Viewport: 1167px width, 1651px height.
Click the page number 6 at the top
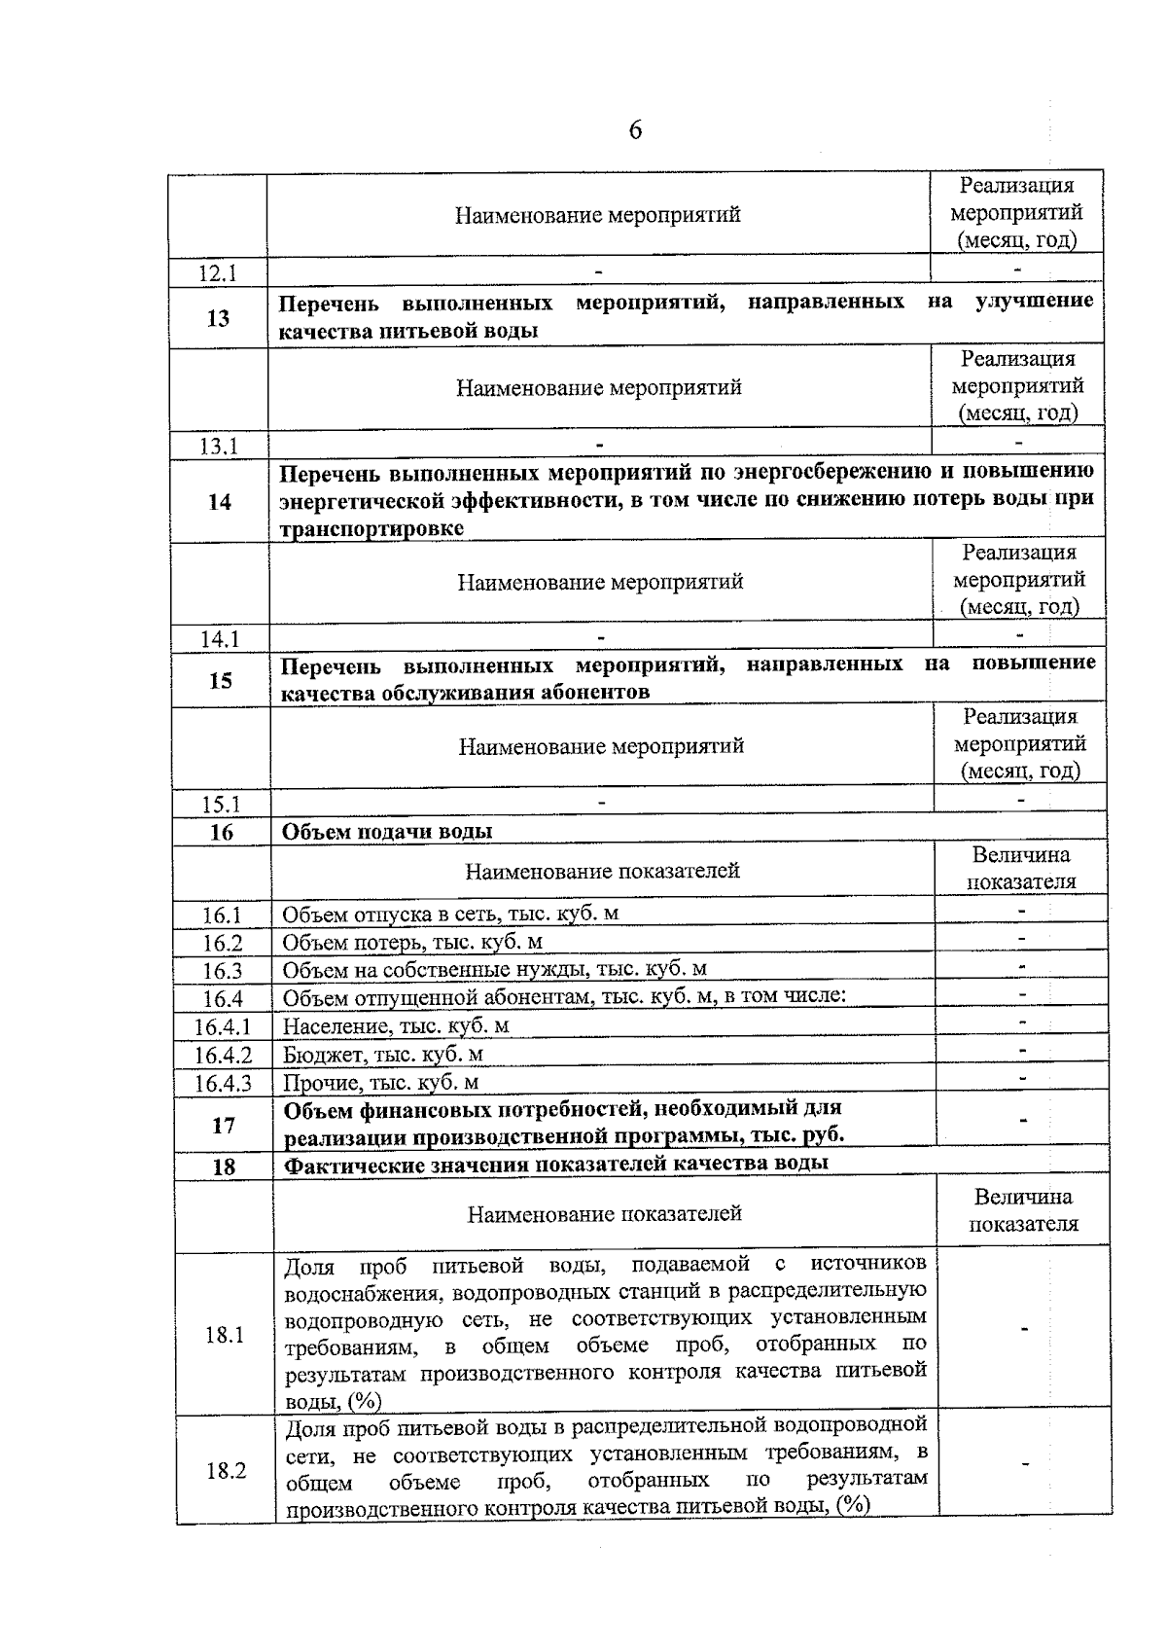(635, 130)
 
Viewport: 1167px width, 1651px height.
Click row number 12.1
(218, 273)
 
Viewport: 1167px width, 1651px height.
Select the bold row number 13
(219, 318)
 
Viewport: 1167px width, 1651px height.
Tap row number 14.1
(220, 639)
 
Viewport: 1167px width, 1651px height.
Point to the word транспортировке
(371, 528)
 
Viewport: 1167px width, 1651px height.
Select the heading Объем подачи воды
(387, 832)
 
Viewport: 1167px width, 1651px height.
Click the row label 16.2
(223, 944)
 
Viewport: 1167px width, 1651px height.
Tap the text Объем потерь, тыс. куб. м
(412, 942)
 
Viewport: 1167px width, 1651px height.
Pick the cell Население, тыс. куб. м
(396, 1026)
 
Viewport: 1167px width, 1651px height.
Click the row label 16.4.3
(223, 1084)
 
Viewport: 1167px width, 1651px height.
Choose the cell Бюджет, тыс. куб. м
(383, 1055)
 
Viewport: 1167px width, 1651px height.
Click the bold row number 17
(224, 1126)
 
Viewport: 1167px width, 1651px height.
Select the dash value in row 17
(1023, 1122)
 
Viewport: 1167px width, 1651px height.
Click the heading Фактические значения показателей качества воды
(556, 1163)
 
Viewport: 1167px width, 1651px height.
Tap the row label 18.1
(225, 1335)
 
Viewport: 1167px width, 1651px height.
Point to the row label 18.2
(226, 1471)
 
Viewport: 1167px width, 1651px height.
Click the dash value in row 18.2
(1025, 1463)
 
